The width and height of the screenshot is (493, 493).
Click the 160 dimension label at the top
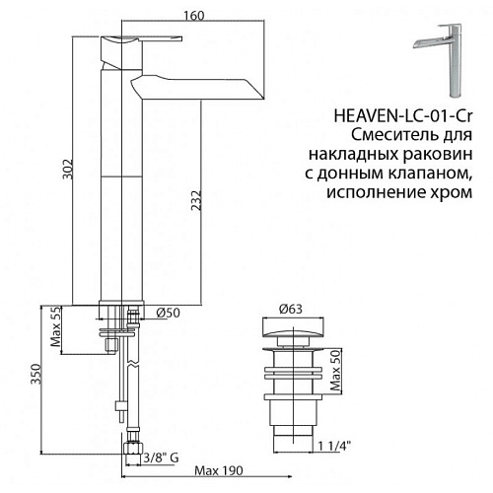[x=194, y=16]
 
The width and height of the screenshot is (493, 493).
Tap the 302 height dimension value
[x=68, y=170]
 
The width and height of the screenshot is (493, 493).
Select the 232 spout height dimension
[x=196, y=200]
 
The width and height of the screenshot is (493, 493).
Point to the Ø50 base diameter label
[x=168, y=313]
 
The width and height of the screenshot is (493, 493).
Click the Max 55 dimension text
[x=55, y=327]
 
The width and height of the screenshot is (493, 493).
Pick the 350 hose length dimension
[x=35, y=374]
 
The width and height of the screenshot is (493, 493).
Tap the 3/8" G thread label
[x=161, y=458]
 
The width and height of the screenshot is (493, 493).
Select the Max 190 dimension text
[x=219, y=470]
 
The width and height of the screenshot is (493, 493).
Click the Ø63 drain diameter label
[x=290, y=309]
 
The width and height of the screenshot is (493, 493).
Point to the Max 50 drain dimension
[x=335, y=371]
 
